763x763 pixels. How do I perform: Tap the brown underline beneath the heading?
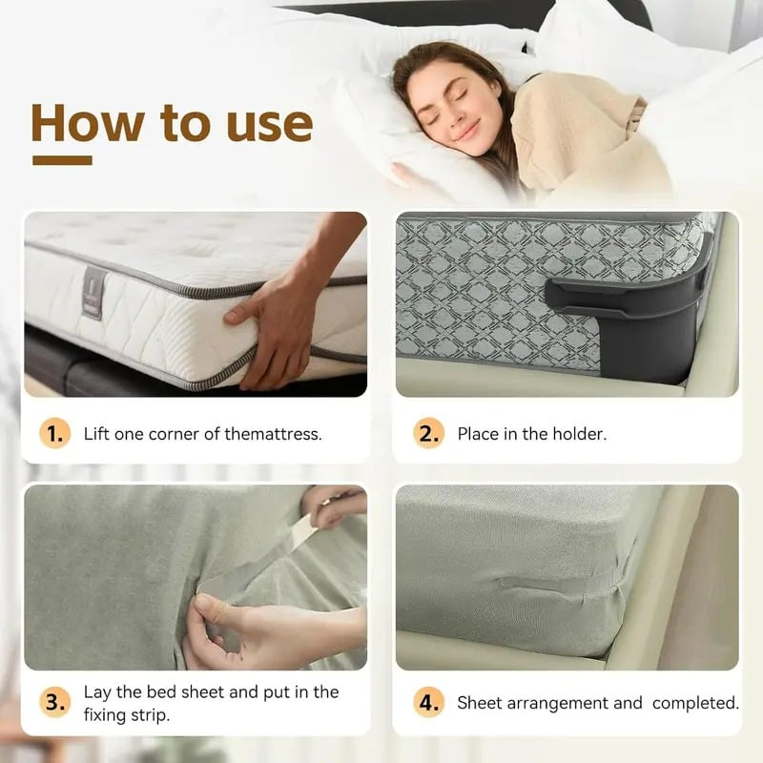pos(62,160)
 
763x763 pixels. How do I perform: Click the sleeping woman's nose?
pos(454,113)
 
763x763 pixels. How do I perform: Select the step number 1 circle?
pos(55,434)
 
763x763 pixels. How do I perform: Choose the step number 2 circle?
pos(428,434)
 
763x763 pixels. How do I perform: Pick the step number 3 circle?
pos(55,703)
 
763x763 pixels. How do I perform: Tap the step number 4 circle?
pos(428,703)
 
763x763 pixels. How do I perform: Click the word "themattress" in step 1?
pos(273,434)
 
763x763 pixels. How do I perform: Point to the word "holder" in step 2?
pos(580,434)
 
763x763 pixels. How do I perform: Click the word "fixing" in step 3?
pos(107,714)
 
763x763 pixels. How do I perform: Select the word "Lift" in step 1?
pos(98,434)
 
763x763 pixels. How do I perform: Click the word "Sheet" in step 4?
pos(481,703)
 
